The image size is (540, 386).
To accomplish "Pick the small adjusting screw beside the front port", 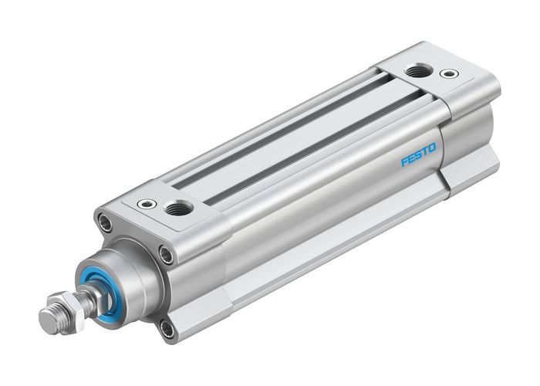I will [143, 204].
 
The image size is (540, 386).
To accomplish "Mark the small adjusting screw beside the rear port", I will [446, 76].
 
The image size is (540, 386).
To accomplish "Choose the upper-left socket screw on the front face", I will [102, 222].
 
